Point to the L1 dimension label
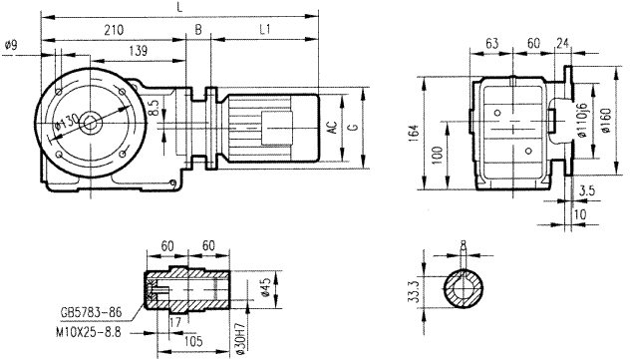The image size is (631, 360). point(266,31)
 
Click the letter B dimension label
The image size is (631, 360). point(198,31)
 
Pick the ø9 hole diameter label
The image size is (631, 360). point(11,44)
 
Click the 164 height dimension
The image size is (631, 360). point(413,133)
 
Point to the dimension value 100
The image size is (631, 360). point(436,155)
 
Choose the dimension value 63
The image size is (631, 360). point(490,45)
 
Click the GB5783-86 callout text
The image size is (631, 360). point(91,311)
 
